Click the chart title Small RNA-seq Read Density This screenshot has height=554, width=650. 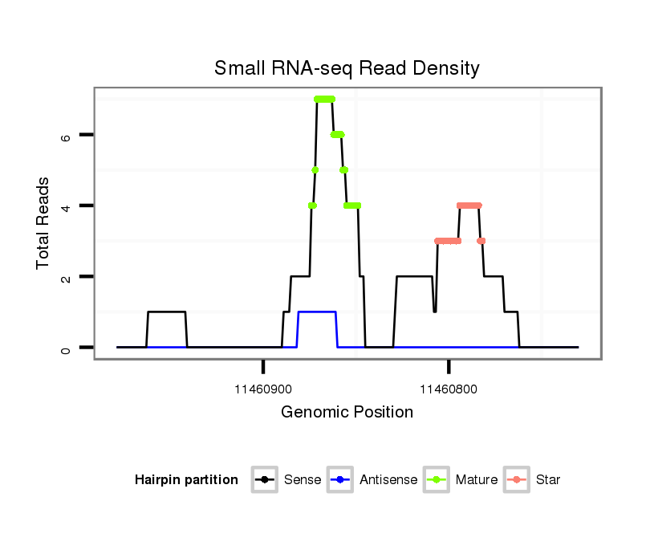click(x=347, y=68)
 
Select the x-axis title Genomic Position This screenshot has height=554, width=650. click(x=347, y=413)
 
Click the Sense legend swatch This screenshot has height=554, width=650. click(x=265, y=480)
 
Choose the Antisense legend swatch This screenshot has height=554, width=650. click(x=340, y=480)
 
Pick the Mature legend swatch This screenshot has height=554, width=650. click(x=437, y=480)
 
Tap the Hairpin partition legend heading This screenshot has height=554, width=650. click(x=186, y=480)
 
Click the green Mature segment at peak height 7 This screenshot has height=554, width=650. click(x=324, y=100)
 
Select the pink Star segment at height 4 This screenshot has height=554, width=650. click(x=469, y=206)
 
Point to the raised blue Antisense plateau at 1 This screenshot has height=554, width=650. click(x=317, y=312)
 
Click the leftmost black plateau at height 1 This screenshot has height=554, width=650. click(x=167, y=312)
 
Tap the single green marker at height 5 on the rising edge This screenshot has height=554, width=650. click(x=315, y=170)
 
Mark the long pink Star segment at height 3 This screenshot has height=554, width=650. click(x=448, y=241)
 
